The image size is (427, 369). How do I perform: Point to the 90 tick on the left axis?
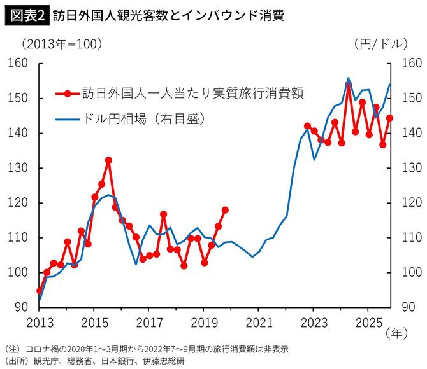tap(21, 307)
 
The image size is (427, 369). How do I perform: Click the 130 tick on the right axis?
tap(411, 168)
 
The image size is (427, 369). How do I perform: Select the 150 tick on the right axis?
tap(411, 99)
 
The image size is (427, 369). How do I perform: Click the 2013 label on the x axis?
tap(39, 321)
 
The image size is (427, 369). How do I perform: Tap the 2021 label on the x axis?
tap(258, 321)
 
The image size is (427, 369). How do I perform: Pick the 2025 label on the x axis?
tap(368, 321)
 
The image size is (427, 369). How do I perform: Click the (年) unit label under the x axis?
tap(395, 333)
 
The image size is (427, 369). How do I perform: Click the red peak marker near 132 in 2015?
tap(108, 160)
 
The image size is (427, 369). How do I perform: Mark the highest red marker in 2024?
tap(348, 85)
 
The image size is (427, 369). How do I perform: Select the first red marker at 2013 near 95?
tap(40, 290)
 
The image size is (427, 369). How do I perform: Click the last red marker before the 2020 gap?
tap(225, 210)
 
